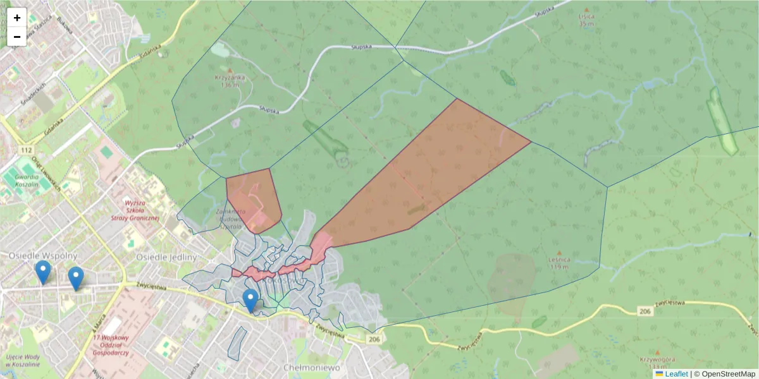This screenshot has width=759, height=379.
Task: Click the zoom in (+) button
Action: pyautogui.click(x=17, y=18)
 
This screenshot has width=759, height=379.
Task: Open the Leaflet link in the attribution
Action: pyautogui.click(x=676, y=374)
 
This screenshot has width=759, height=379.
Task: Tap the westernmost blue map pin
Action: pyautogui.click(x=43, y=272)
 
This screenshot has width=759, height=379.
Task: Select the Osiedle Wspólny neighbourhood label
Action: pyautogui.click(x=42, y=256)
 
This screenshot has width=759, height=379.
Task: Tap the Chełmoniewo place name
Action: pyautogui.click(x=312, y=367)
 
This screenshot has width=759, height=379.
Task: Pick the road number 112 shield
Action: pyautogui.click(x=26, y=150)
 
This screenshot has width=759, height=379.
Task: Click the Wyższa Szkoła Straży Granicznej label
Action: pyautogui.click(x=142, y=210)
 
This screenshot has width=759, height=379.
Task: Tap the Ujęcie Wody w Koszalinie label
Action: pyautogui.click(x=24, y=361)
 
